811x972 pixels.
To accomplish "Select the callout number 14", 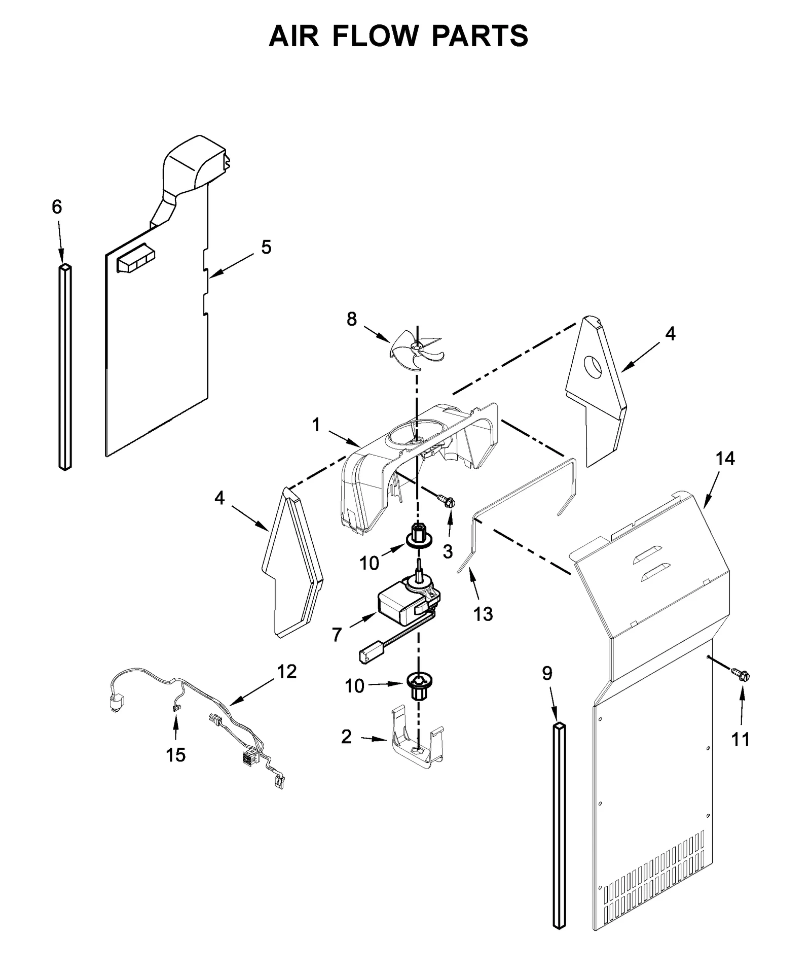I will click(725, 459).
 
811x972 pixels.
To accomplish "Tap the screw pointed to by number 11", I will click(741, 675).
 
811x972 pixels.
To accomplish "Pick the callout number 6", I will click(57, 207).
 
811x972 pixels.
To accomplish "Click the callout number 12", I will click(286, 671).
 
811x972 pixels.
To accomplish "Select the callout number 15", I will click(176, 755).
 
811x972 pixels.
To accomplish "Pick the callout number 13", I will click(483, 614).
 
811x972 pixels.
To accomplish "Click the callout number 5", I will click(266, 248).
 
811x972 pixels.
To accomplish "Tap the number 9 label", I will click(547, 673).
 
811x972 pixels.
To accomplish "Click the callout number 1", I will click(316, 425).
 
